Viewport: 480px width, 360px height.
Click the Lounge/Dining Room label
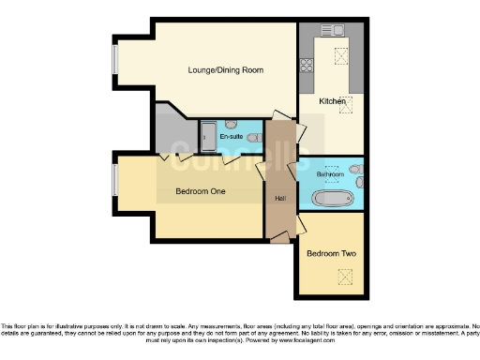[x=225, y=70]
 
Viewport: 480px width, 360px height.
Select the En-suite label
[x=232, y=138]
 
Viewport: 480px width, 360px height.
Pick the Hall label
[x=279, y=198]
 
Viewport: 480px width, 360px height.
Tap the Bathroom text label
[x=330, y=174]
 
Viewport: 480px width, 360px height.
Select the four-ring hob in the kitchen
[x=306, y=67]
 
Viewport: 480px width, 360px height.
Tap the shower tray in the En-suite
[x=207, y=136]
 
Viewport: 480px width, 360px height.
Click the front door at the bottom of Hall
[x=278, y=241]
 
